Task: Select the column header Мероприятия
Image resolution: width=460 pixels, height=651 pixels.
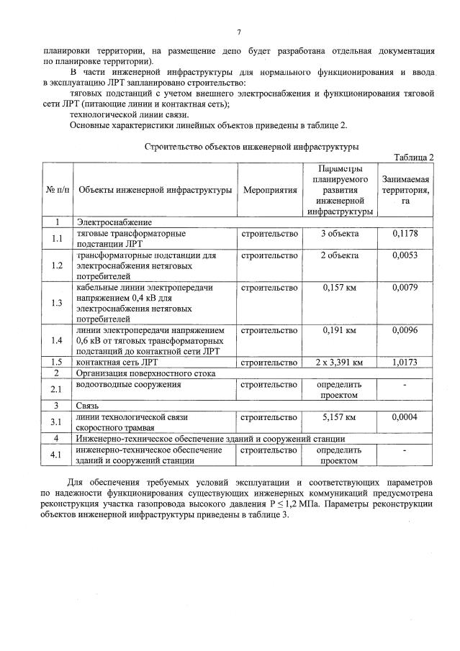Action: (x=270, y=190)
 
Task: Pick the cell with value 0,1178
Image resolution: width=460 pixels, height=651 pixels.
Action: (x=405, y=234)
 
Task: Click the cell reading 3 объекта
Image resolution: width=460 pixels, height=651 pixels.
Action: (x=339, y=234)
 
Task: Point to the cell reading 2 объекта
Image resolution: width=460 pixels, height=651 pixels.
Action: (x=339, y=255)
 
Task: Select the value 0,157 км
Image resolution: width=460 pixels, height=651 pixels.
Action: (x=339, y=288)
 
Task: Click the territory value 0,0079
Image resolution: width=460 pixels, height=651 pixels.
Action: (x=405, y=288)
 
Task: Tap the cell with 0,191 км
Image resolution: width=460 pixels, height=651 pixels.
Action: (x=339, y=330)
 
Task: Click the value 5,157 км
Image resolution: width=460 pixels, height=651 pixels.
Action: (x=339, y=417)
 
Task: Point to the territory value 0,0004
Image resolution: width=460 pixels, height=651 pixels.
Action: (x=405, y=417)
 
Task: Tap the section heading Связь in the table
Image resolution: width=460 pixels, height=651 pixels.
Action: (x=90, y=406)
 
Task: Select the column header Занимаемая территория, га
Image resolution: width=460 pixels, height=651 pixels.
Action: (x=405, y=190)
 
